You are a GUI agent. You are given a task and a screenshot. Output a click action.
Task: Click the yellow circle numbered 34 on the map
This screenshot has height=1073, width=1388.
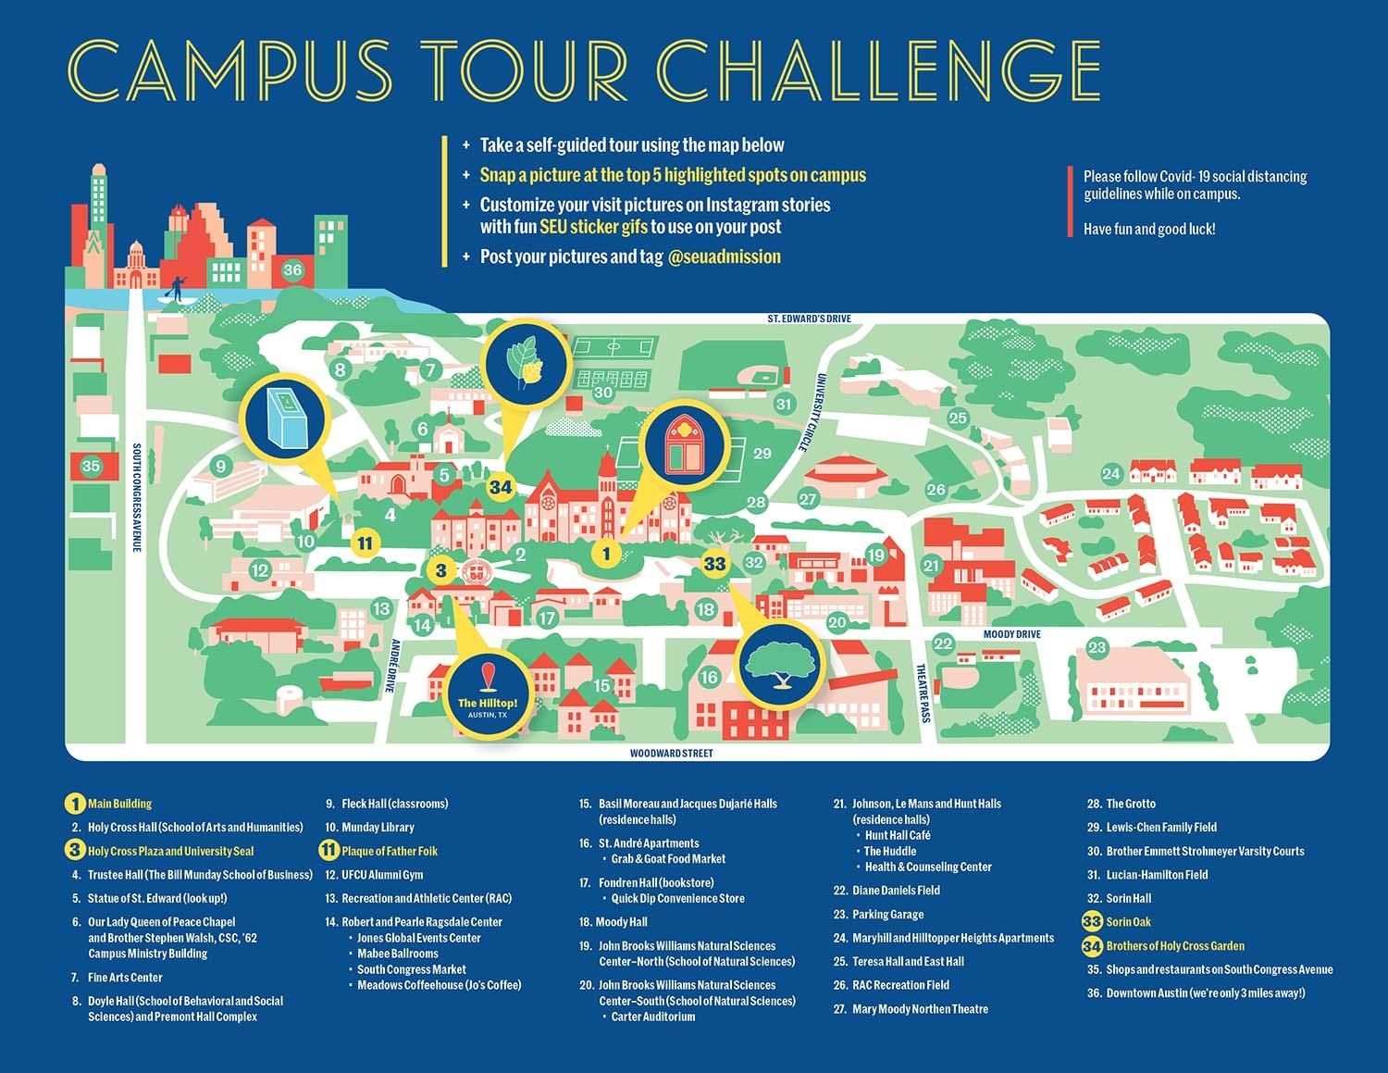click(x=501, y=487)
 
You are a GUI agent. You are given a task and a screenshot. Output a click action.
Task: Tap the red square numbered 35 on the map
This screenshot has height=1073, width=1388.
click(x=91, y=466)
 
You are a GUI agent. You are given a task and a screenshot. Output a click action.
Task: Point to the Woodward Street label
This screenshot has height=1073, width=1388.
click(x=672, y=754)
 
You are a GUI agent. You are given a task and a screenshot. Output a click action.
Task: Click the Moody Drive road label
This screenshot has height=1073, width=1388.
click(x=1011, y=634)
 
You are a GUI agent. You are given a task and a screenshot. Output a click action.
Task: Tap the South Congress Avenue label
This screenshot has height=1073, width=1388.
click(x=136, y=497)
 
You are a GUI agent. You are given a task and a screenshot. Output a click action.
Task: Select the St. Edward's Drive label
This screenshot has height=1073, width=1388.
click(x=809, y=318)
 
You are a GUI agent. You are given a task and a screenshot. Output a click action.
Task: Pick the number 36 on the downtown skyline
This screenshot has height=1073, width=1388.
click(x=292, y=270)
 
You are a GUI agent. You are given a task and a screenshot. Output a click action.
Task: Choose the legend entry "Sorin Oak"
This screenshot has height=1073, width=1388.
click(x=1128, y=922)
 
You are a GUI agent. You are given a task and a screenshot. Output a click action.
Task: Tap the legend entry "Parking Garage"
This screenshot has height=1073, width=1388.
click(x=887, y=915)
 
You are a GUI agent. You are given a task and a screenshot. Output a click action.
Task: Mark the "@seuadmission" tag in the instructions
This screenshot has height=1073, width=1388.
click(x=724, y=257)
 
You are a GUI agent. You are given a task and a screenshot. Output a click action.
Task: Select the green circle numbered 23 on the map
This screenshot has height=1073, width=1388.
click(x=1097, y=647)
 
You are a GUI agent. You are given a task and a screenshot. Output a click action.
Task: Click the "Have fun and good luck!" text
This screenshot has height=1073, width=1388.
click(x=1149, y=230)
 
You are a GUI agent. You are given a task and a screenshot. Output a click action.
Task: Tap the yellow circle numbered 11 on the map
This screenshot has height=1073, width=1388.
click(x=366, y=543)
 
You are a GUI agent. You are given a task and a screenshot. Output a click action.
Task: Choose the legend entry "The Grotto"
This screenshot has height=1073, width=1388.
click(x=1131, y=804)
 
